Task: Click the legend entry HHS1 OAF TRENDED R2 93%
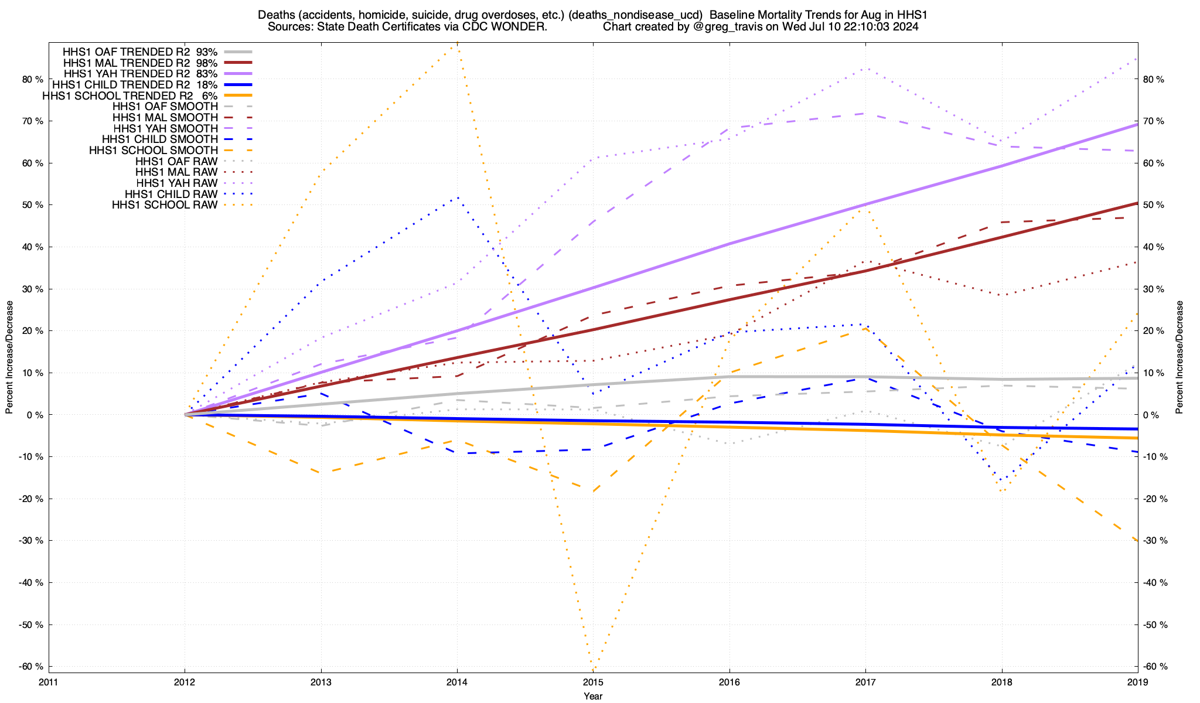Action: pyautogui.click(x=140, y=52)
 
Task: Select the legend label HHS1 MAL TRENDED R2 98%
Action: pyautogui.click(x=140, y=63)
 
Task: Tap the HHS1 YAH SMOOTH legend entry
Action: pyautogui.click(x=165, y=128)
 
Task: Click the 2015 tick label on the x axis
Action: pyautogui.click(x=593, y=682)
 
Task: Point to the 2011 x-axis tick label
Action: pyautogui.click(x=49, y=682)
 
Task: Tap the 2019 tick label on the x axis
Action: pyautogui.click(x=1137, y=682)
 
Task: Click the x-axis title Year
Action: pyautogui.click(x=593, y=696)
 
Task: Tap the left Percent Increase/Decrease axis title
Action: pyautogui.click(x=9, y=357)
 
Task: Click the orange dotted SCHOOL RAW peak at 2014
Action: pyautogui.click(x=457, y=45)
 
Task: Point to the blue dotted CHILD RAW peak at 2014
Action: pyautogui.click(x=457, y=197)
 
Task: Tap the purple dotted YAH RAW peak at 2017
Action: pyautogui.click(x=865, y=69)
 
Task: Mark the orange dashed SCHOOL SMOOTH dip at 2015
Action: pyautogui.click(x=593, y=492)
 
